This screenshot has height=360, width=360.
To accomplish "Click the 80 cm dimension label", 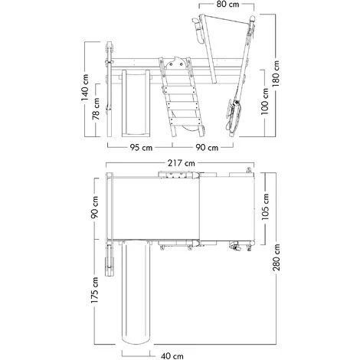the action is click(228, 5).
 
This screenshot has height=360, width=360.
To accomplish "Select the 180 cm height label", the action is click(276, 74).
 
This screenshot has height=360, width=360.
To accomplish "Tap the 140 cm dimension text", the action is click(85, 87).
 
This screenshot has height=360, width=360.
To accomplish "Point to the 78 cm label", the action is click(96, 109).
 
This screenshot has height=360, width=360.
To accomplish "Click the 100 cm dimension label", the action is click(265, 101).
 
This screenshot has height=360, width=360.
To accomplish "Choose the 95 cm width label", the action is click(141, 148).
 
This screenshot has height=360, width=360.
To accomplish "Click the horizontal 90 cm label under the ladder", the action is click(207, 148).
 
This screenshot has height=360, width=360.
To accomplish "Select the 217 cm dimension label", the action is click(181, 163).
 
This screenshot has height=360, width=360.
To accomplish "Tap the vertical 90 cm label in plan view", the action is click(95, 208).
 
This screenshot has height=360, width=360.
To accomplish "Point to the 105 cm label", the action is click(265, 207).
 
